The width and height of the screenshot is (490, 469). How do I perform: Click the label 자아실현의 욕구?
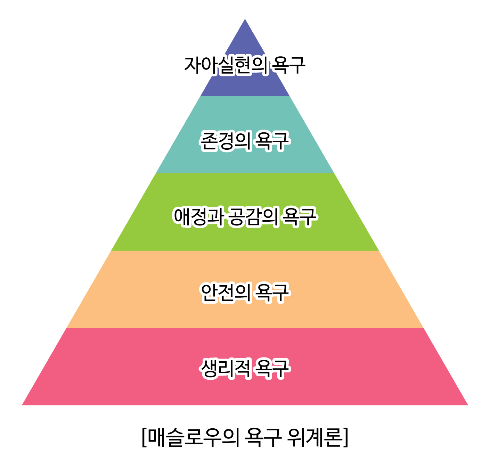coord(245,65)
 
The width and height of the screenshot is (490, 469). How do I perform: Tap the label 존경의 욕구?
coord(245,141)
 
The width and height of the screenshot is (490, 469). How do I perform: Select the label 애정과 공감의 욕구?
coord(245,217)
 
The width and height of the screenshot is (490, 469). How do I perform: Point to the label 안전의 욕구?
coord(245,293)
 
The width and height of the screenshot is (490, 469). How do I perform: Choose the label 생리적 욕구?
coord(245,369)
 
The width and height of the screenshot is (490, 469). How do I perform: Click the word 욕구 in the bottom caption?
coord(263,437)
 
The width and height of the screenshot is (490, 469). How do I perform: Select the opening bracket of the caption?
coord(144,437)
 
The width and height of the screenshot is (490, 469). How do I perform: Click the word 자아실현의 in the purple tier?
coord(226,65)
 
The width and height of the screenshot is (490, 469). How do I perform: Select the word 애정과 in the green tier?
coord(198,217)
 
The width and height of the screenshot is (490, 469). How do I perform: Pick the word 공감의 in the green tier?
coord(253,217)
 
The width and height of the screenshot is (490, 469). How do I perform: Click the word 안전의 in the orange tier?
coord(226,293)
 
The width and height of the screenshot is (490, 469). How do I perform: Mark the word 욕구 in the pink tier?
coord(272,369)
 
